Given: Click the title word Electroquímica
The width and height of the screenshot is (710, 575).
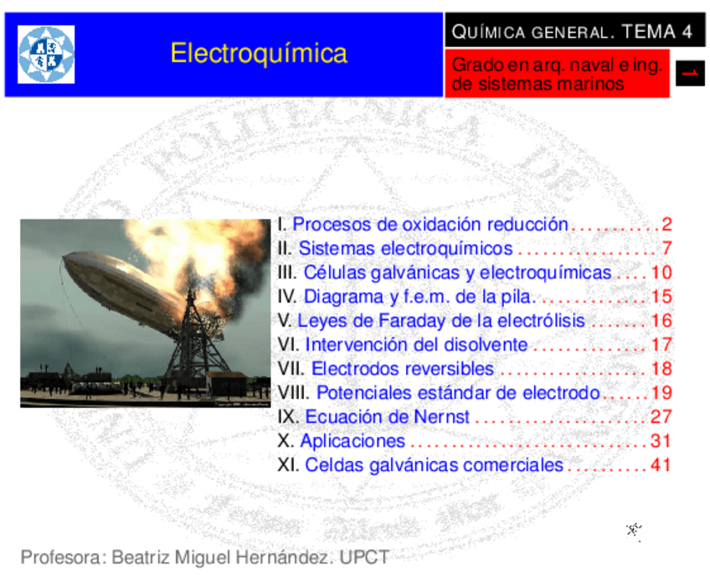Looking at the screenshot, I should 259,54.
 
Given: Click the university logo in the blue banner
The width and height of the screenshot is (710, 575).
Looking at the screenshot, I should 46,54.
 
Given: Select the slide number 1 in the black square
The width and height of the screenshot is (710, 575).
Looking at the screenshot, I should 690,74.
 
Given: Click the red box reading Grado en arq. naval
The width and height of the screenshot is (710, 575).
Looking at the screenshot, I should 556,74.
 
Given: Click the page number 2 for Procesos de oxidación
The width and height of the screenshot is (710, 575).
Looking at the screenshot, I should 666,225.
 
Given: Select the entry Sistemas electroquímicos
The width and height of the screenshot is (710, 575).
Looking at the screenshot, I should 405,249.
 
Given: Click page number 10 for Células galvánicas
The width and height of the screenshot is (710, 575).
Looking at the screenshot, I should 661,272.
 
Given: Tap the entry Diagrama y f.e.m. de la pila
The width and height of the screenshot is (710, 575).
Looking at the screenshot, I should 417,297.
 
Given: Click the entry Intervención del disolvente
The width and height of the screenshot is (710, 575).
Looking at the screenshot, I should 416,344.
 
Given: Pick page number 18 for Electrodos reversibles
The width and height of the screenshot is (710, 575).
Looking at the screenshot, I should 661,369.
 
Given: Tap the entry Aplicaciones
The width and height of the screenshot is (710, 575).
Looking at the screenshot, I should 352,441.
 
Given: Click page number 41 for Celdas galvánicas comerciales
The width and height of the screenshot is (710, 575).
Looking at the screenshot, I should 661,464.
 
